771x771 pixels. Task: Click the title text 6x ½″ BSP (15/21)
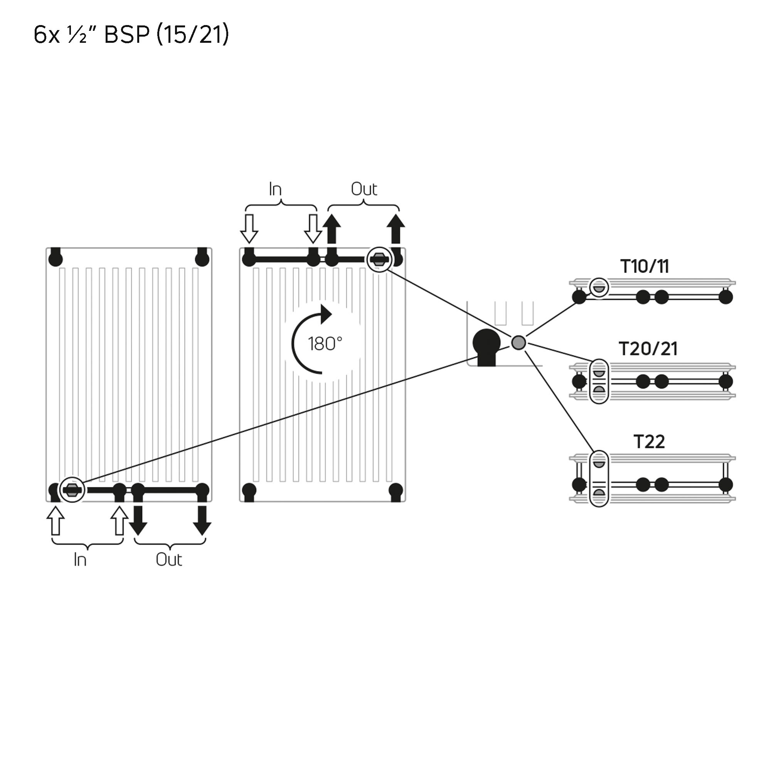point(131,34)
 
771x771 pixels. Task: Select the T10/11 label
point(645,267)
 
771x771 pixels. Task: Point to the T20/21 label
point(648,349)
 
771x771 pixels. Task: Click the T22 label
point(649,442)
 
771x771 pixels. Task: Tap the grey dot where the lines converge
point(518,342)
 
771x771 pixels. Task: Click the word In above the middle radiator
point(275,189)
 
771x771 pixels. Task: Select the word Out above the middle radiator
point(364,189)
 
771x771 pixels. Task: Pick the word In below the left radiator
point(80,560)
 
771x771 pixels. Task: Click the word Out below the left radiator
point(169,560)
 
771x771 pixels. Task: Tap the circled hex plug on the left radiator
point(72,490)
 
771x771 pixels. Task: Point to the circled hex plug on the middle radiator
point(379,259)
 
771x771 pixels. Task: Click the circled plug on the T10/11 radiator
point(599,287)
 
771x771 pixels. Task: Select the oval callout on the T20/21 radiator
point(599,382)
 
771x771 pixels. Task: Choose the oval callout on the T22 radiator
point(599,478)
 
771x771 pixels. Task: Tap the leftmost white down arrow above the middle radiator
point(249,229)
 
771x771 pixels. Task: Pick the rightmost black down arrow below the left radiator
point(202,520)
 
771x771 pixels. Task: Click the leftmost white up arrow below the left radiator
point(56,520)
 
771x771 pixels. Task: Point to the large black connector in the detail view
point(487,345)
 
